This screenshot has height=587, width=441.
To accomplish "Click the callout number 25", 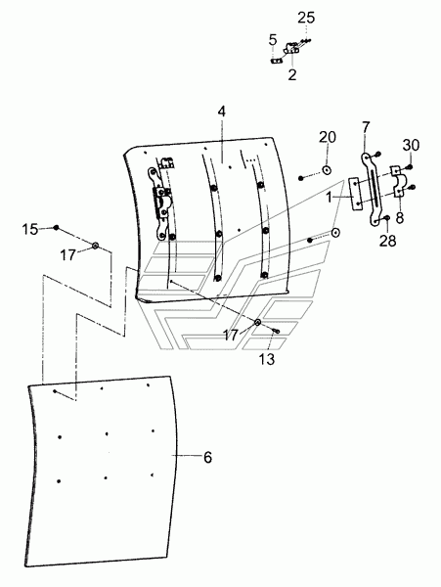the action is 306,18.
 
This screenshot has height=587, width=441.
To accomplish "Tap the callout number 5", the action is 273,40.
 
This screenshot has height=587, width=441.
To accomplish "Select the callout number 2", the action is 292,74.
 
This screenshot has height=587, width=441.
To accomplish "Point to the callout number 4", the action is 222,112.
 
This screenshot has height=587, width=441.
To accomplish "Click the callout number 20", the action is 328,137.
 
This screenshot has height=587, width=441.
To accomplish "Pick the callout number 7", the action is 366,127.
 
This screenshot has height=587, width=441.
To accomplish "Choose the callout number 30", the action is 411,145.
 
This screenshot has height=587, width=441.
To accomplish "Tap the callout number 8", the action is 400,218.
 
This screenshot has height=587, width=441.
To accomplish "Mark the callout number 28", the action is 387,241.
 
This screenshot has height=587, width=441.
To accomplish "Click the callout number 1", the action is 330,198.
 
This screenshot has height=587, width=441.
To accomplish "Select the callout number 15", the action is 30,229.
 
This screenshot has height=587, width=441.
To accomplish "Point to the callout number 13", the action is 267,359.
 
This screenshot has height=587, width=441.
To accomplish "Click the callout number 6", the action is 207,457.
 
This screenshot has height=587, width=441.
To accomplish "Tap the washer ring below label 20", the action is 327,170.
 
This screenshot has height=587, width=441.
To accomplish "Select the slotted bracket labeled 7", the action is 373,190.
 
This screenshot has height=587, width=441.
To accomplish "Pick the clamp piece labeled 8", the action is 397,181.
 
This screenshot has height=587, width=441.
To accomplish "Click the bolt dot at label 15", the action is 56,227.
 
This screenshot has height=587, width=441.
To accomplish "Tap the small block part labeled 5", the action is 276,61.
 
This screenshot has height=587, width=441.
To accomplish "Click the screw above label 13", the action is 277,331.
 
